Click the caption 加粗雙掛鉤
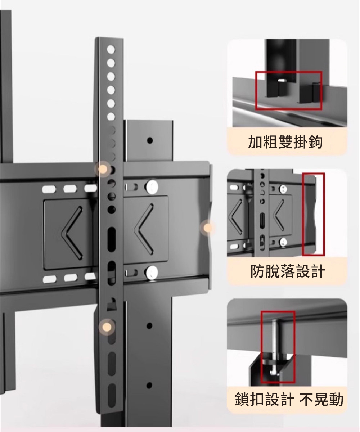[x=285, y=142]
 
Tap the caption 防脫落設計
[x=287, y=271]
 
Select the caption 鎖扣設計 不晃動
[x=289, y=399]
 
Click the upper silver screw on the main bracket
[x=153, y=187]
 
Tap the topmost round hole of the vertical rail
[x=111, y=50]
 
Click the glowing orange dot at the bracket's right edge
[x=207, y=228]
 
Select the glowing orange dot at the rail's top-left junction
[x=102, y=169]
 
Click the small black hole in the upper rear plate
[x=150, y=141]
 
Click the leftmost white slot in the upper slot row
[x=49, y=189]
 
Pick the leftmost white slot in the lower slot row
[x=50, y=279]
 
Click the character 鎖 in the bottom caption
[x=242, y=399]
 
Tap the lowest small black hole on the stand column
[x=149, y=385]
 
